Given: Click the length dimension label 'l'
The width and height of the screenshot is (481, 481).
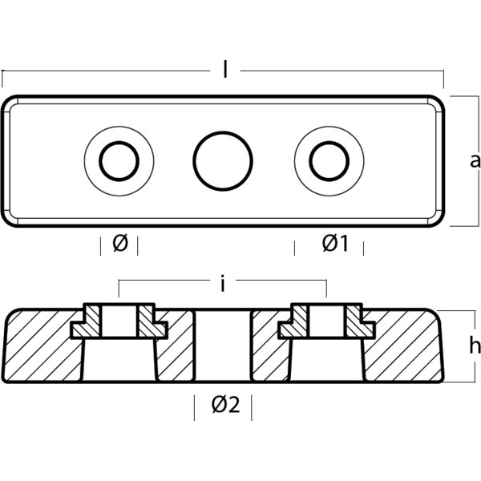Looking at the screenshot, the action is [x=225, y=70].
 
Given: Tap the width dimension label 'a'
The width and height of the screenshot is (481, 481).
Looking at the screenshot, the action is [x=475, y=161].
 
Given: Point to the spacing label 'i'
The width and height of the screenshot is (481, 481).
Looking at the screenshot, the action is [x=223, y=283].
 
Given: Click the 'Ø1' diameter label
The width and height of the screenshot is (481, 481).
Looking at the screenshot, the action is [x=335, y=244].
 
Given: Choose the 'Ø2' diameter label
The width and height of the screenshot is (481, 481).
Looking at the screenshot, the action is [x=226, y=405].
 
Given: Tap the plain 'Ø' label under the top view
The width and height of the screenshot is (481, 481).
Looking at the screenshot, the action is [x=120, y=243].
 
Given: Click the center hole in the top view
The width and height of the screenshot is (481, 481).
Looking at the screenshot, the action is [x=223, y=161].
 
